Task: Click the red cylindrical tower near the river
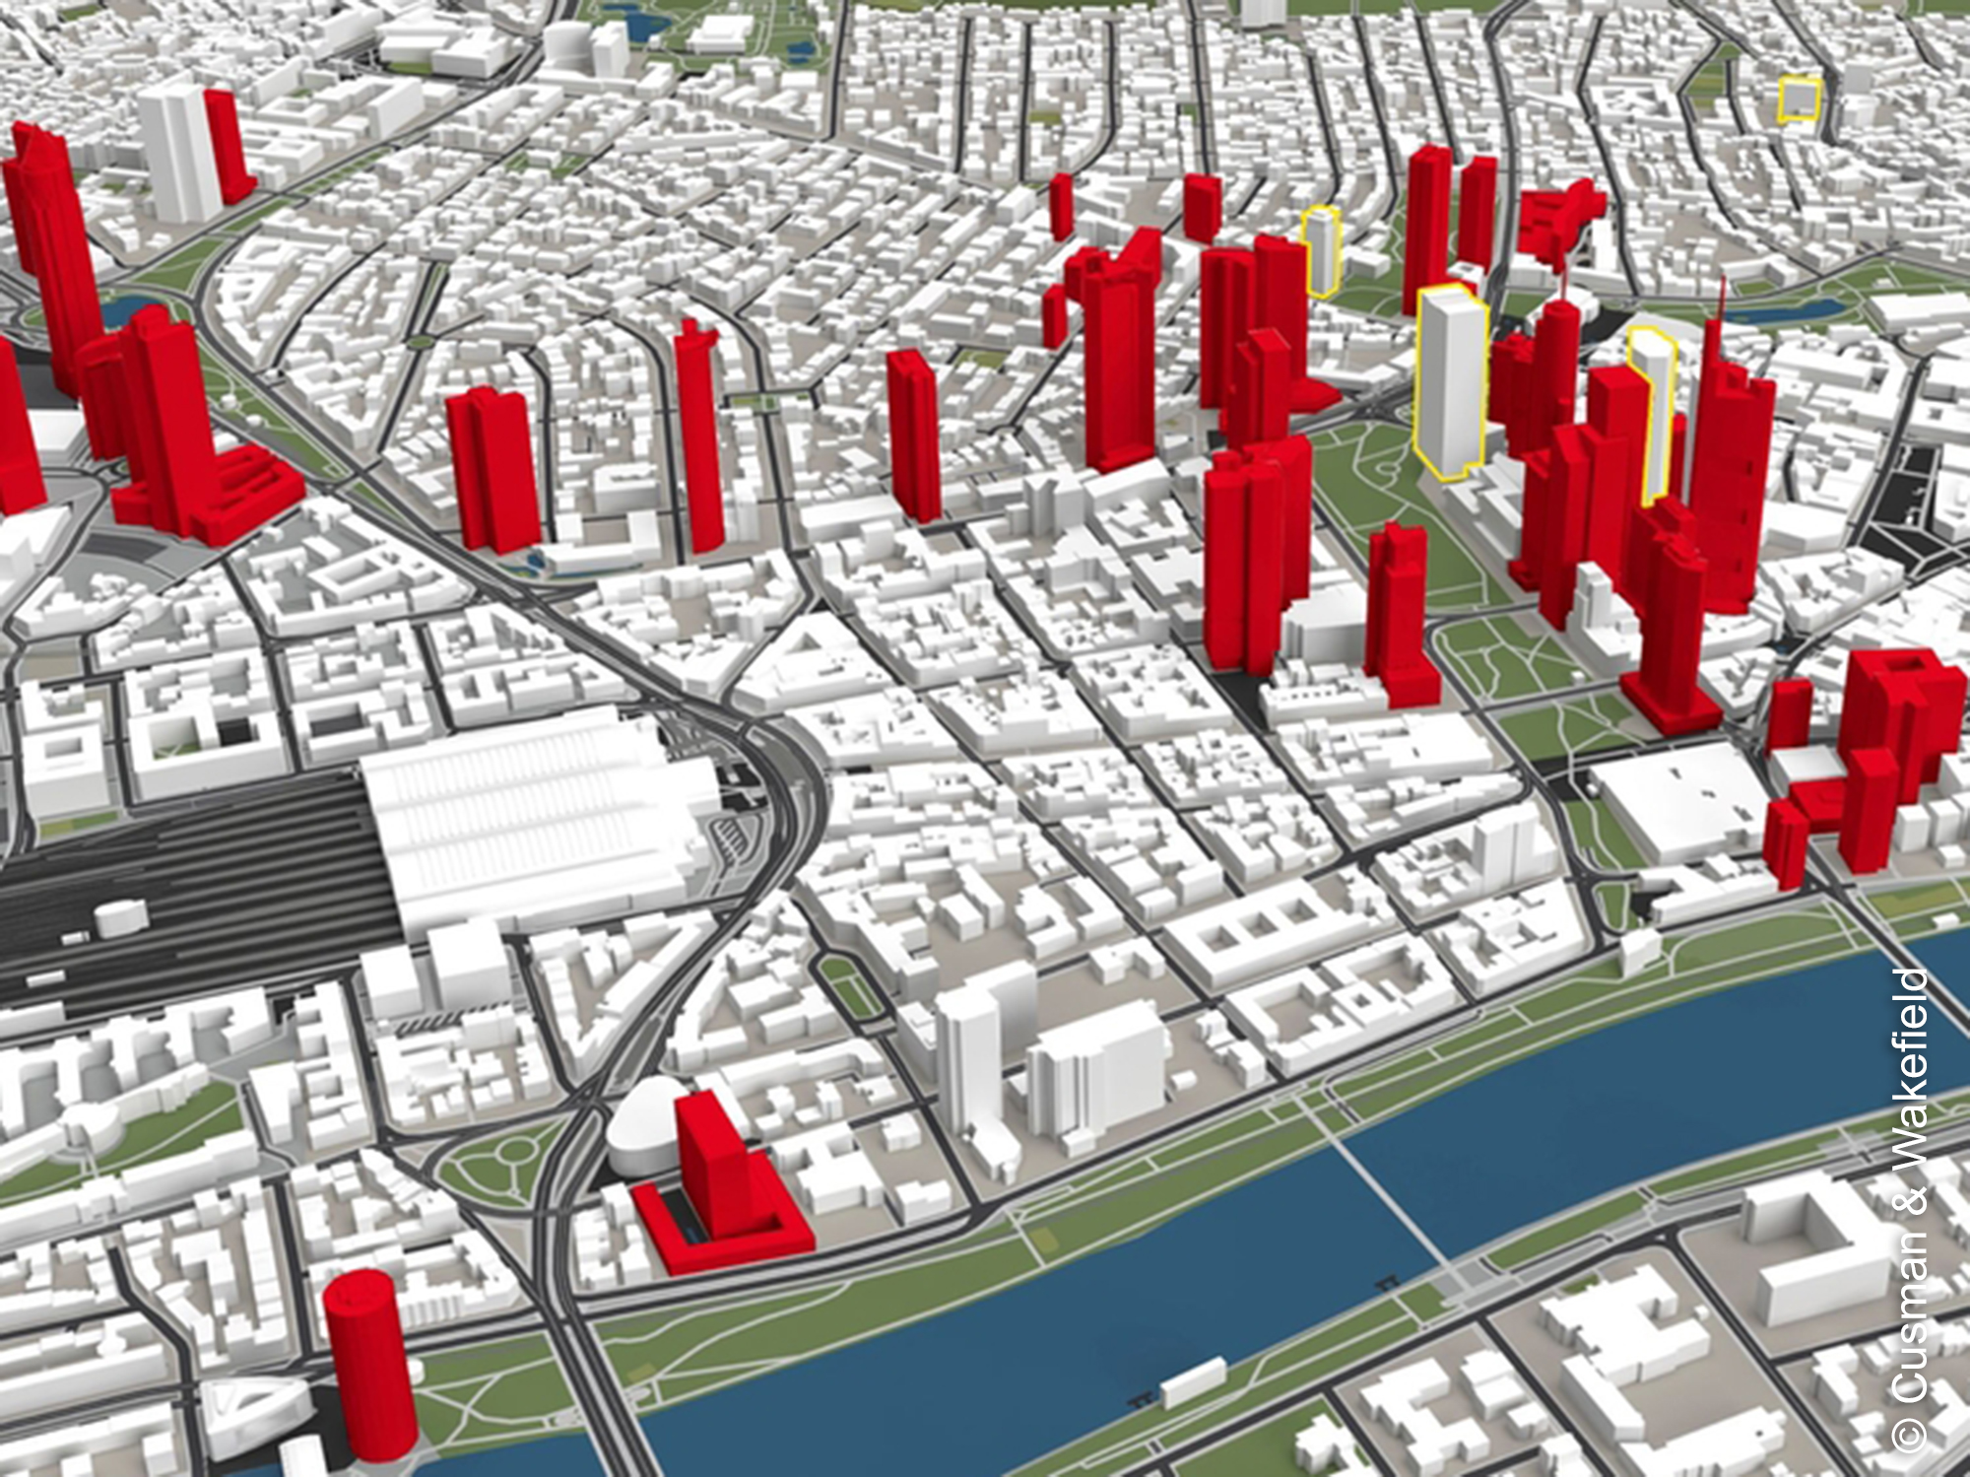tap(369, 1365)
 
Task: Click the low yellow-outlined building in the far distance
tap(1799, 100)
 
